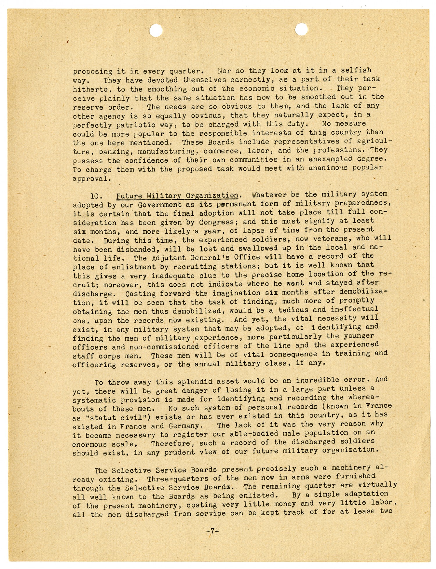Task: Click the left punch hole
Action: pos(156,30)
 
